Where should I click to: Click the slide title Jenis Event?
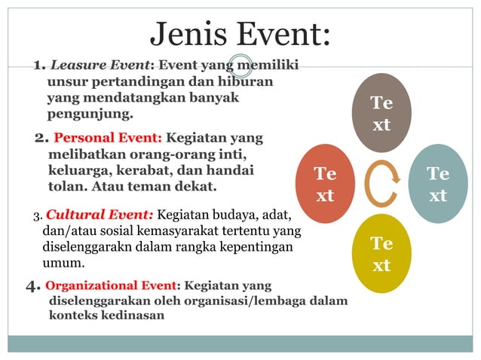point(240,34)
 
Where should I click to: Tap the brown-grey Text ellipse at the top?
point(381,113)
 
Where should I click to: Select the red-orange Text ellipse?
point(325,184)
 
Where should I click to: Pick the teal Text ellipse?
point(438,184)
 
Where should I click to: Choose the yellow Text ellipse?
point(381,254)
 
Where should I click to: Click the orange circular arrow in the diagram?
point(381,185)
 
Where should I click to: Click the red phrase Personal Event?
point(108,139)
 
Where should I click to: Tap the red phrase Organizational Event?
point(111,285)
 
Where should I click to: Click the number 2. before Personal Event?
point(42,139)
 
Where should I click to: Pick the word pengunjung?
point(90,114)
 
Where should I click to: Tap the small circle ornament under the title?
point(240,67)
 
